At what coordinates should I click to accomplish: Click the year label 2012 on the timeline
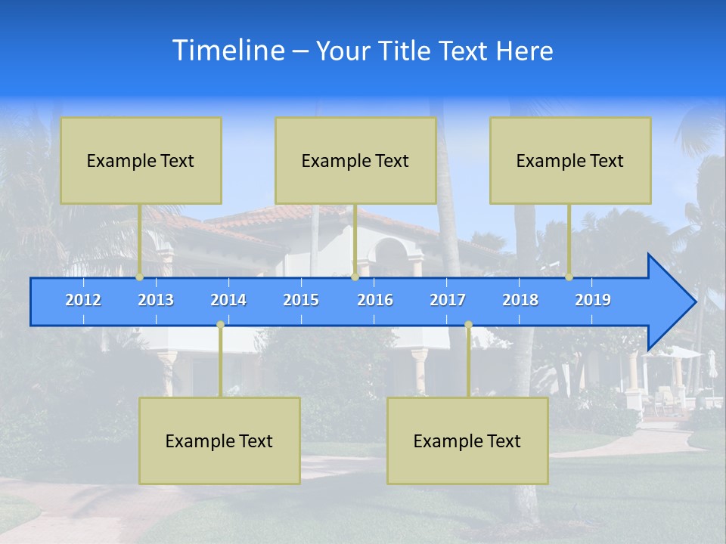pyautogui.click(x=83, y=300)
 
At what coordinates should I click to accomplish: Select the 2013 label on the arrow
pyautogui.click(x=156, y=300)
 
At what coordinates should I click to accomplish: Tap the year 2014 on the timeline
pyautogui.click(x=228, y=300)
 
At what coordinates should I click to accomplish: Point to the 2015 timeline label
pyautogui.click(x=301, y=300)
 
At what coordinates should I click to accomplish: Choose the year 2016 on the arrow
pyautogui.click(x=375, y=300)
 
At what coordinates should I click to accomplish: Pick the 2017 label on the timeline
pyautogui.click(x=448, y=300)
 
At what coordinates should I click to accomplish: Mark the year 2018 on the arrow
pyautogui.click(x=520, y=300)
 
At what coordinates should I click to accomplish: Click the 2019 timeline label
pyautogui.click(x=593, y=300)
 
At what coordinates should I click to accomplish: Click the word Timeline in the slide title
pyautogui.click(x=228, y=51)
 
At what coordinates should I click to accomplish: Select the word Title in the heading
pyautogui.click(x=406, y=51)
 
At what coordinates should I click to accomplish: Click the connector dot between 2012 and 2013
pyautogui.click(x=140, y=277)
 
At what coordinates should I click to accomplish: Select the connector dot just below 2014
pyautogui.click(x=220, y=325)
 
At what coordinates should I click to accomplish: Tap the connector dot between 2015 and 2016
pyautogui.click(x=355, y=277)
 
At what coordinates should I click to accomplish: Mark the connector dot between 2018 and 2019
pyautogui.click(x=569, y=277)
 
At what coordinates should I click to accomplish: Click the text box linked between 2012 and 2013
pyautogui.click(x=141, y=160)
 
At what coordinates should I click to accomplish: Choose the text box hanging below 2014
pyautogui.click(x=219, y=440)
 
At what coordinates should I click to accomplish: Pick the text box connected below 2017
pyautogui.click(x=467, y=440)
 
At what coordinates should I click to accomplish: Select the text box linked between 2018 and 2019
pyautogui.click(x=570, y=160)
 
